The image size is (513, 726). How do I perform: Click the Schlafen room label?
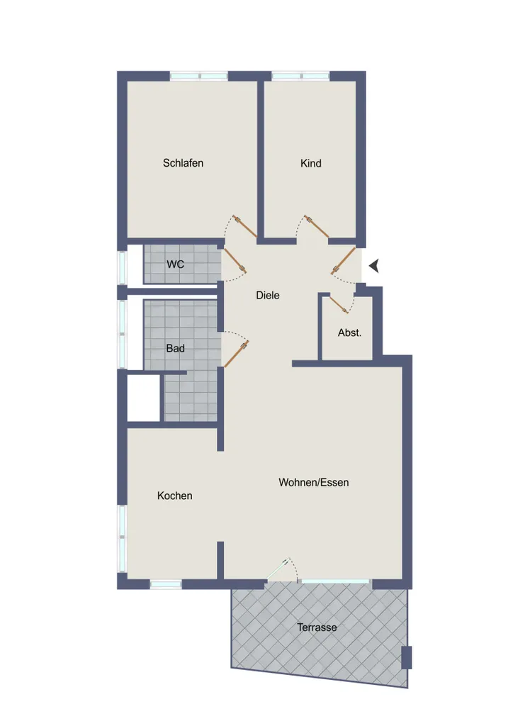click(183, 163)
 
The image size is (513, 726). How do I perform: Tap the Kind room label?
click(311, 163)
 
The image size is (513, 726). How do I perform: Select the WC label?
click(175, 264)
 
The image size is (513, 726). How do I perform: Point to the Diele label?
click(267, 295)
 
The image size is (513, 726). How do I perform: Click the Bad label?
click(175, 348)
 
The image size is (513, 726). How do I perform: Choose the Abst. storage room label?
click(349, 333)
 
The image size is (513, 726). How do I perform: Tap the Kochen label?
click(174, 496)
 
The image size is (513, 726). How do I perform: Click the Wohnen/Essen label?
click(314, 482)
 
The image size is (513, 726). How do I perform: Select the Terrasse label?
click(317, 627)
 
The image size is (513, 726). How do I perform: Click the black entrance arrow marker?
click(373, 266)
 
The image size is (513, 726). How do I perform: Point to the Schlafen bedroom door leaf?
click(244, 226)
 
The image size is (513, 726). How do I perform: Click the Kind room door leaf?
click(317, 226)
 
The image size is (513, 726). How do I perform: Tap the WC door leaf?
click(235, 261)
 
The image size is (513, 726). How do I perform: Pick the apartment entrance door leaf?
click(344, 261)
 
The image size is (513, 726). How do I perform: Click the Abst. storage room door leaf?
click(338, 303)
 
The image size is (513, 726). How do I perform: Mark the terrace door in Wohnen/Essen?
click(278, 569)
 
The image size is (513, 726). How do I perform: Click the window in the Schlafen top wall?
click(199, 76)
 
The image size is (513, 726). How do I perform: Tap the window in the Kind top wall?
click(300, 76)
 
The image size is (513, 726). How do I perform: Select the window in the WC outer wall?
click(122, 267)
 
